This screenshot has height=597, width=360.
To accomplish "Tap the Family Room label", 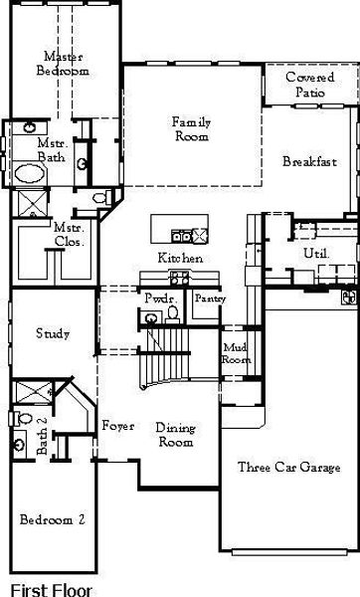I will click(192, 129).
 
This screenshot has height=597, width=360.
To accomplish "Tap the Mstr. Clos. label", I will click(69, 234).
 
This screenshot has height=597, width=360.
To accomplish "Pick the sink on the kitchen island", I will click(181, 236).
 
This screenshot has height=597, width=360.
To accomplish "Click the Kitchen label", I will click(181, 258).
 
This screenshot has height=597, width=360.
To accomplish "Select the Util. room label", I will click(316, 254).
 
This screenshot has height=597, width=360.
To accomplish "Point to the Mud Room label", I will click(235, 353).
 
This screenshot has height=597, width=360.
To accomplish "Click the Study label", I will click(52, 333).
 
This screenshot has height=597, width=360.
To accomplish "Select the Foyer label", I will click(118, 426).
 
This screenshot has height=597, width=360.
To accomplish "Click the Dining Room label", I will click(175, 435).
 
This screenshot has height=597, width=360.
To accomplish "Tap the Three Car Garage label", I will click(287, 466).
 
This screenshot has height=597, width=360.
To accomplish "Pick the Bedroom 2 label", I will click(52, 519).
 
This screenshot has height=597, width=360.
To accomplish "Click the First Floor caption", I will click(50, 588).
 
